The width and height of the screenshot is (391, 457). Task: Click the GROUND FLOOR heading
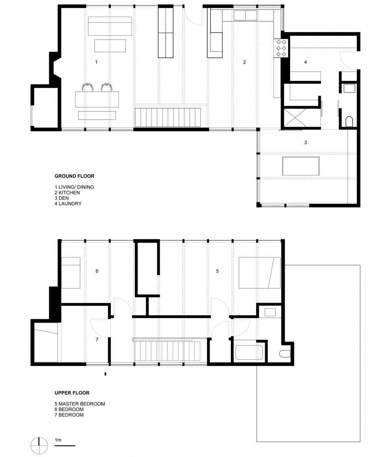[x=74, y=176]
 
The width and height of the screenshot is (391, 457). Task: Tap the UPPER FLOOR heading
[x=72, y=393]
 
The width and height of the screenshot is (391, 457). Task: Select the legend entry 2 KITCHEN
[x=67, y=193]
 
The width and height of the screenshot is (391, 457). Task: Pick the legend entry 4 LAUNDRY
[x=68, y=204]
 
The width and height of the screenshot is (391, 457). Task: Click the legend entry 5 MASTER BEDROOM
[x=79, y=404]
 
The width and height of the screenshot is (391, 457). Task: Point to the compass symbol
[x=39, y=446]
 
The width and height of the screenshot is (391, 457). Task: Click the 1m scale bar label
[x=58, y=440]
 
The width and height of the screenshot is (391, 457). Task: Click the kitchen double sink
[x=245, y=15]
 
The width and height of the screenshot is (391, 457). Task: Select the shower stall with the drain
[x=295, y=118]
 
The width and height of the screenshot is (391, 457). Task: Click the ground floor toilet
[x=349, y=121]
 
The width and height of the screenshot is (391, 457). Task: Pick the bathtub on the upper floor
[x=249, y=352]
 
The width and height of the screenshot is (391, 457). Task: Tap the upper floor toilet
[x=285, y=354]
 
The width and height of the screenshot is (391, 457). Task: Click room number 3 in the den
[x=305, y=143]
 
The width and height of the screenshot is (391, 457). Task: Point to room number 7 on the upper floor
[x=97, y=340]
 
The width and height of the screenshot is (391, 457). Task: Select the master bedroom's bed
[x=259, y=272]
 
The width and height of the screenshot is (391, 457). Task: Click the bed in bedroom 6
[x=70, y=273]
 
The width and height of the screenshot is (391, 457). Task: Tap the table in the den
[x=301, y=166]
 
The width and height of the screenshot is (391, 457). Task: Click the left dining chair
[x=88, y=87]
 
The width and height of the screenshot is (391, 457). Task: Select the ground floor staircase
[x=168, y=117]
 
